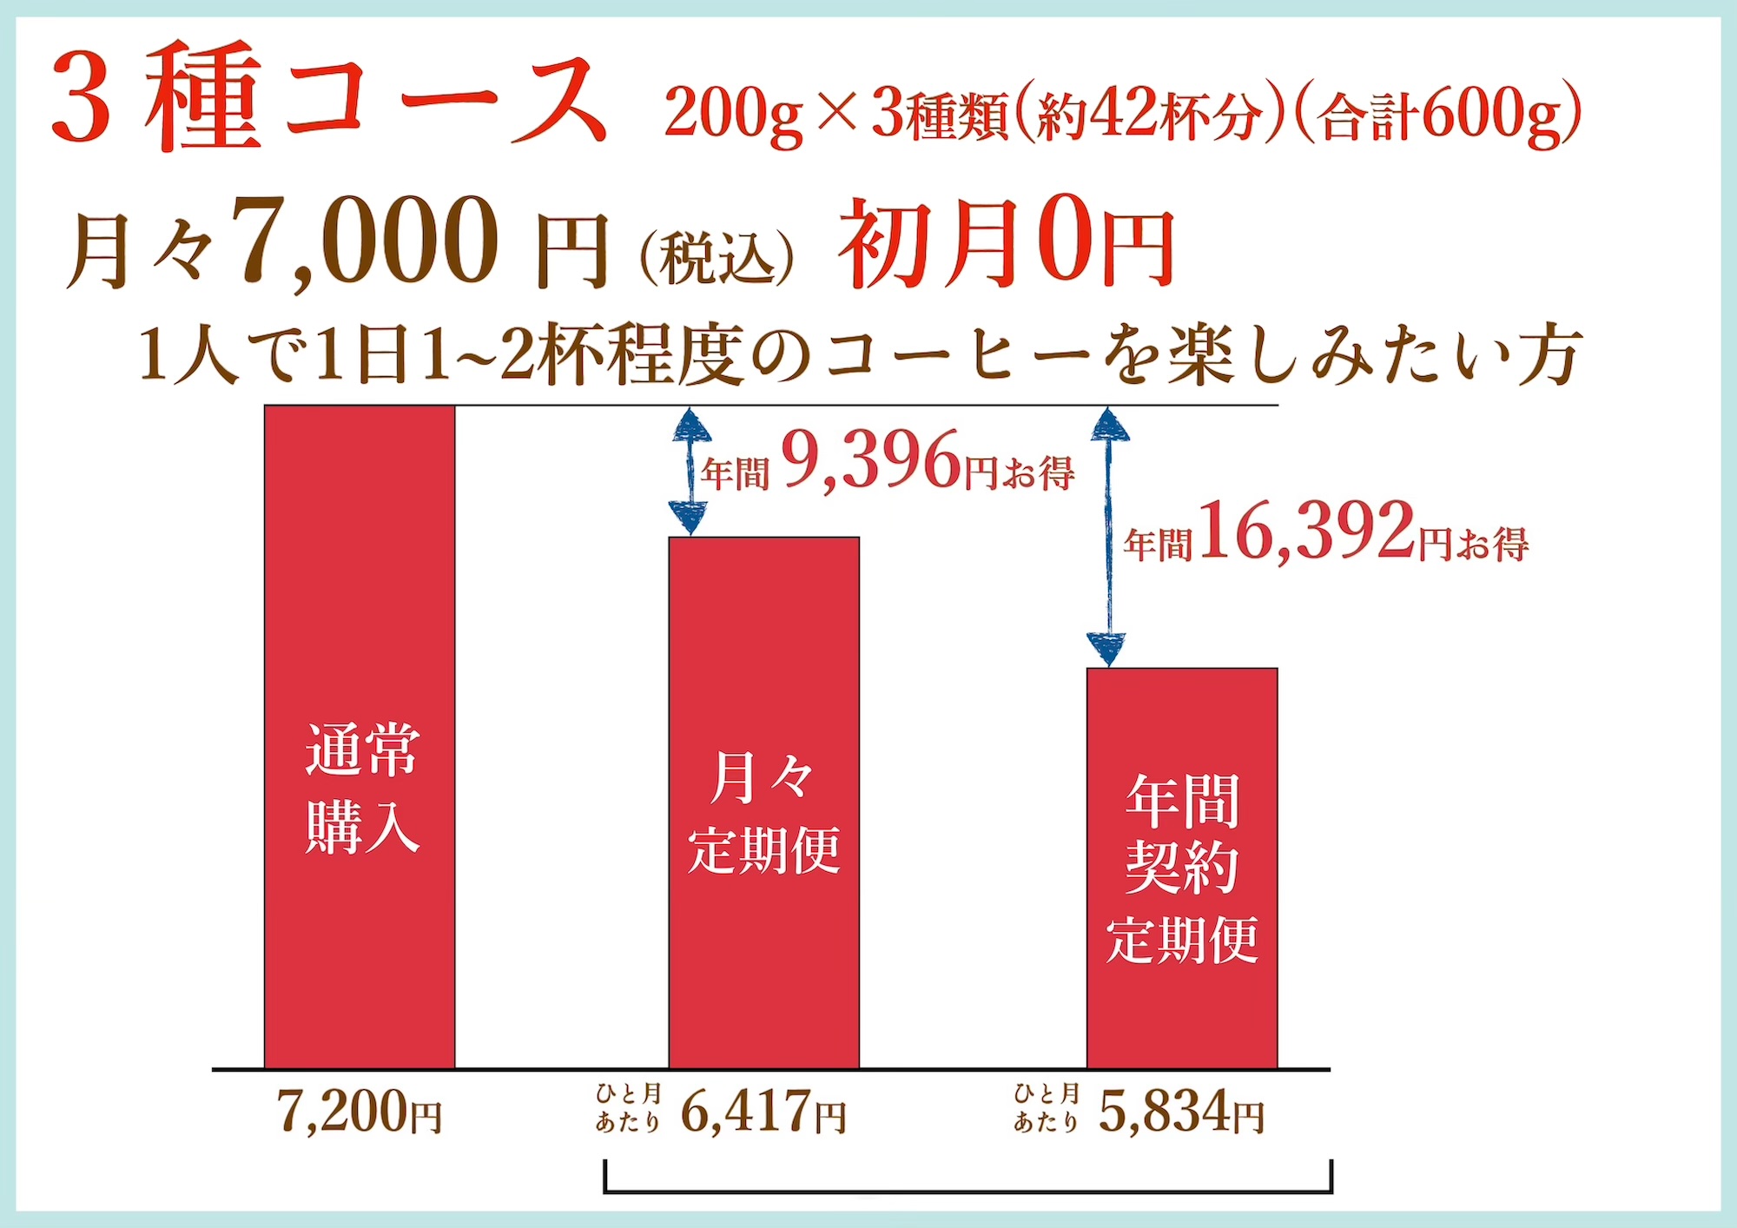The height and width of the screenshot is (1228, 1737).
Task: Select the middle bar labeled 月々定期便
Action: pyautogui.click(x=763, y=802)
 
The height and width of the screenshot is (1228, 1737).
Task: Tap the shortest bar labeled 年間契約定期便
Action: pyautogui.click(x=1182, y=868)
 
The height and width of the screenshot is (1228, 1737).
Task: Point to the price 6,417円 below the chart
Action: pyautogui.click(x=763, y=1112)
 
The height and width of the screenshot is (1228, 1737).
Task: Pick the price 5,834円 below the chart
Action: pyautogui.click(x=1181, y=1112)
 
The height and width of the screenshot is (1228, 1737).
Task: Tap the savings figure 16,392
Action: pyautogui.click(x=1307, y=531)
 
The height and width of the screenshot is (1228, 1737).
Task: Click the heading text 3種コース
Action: pyautogui.click(x=330, y=100)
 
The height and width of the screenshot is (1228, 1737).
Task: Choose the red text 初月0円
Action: pyautogui.click(x=1006, y=243)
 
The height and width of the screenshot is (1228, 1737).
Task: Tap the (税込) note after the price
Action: pyautogui.click(x=717, y=258)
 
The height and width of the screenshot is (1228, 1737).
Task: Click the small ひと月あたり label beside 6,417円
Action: pyautogui.click(x=628, y=1108)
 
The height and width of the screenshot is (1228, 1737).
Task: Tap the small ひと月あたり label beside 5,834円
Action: pyautogui.click(x=1047, y=1108)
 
